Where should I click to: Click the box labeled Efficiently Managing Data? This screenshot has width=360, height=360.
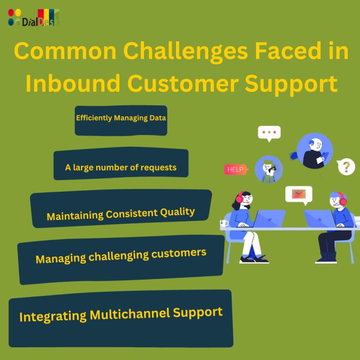(121, 120)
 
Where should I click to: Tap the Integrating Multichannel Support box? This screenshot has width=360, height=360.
(121, 318)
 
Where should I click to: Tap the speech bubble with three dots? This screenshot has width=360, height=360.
(269, 133)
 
